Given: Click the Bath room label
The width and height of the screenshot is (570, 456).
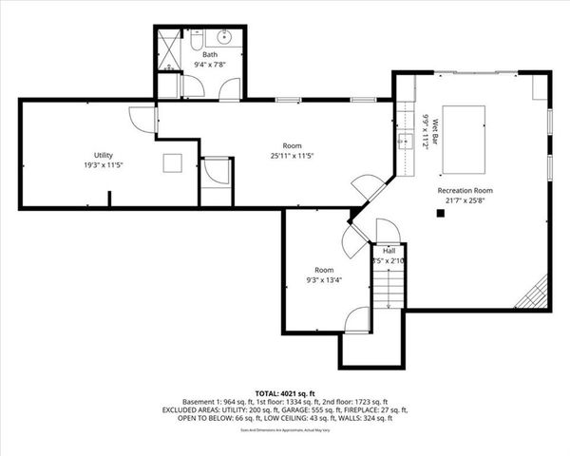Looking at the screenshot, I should (209, 56).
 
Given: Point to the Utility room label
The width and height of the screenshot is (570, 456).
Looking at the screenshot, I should (103, 154).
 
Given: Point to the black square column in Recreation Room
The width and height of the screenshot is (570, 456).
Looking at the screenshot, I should (440, 214).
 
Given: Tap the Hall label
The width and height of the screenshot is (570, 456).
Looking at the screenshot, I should (389, 251).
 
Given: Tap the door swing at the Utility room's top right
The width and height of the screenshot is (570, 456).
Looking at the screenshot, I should (141, 119).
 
